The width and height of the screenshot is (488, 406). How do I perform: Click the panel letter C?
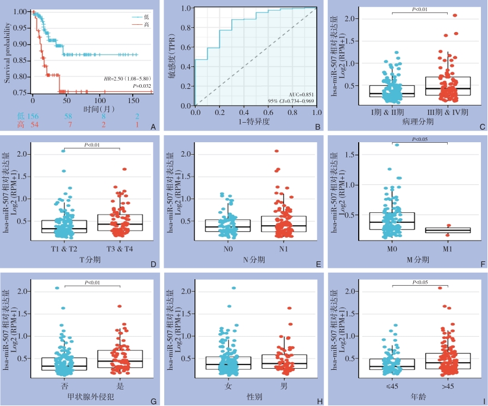481,126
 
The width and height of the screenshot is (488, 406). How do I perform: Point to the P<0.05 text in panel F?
420,139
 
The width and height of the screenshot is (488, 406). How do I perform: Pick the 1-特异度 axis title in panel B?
256,122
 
